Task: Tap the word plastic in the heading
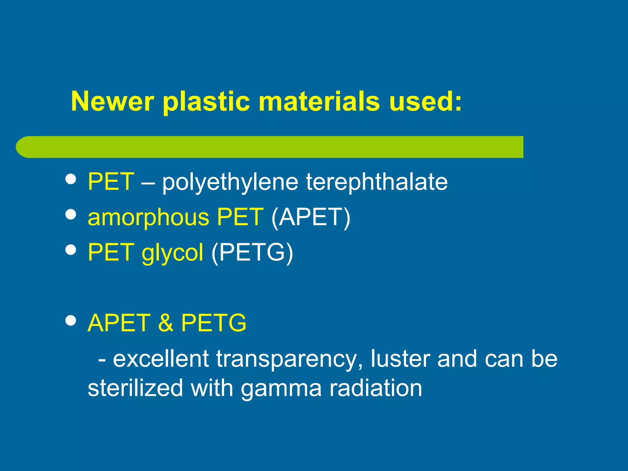206,102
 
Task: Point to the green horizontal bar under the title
270,147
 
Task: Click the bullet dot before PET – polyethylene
71,179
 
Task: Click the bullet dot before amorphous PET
71,215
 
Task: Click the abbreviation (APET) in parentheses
311,217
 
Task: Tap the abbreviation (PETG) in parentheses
252,253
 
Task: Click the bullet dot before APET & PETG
71,321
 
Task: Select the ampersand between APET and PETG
166,323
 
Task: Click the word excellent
161,359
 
